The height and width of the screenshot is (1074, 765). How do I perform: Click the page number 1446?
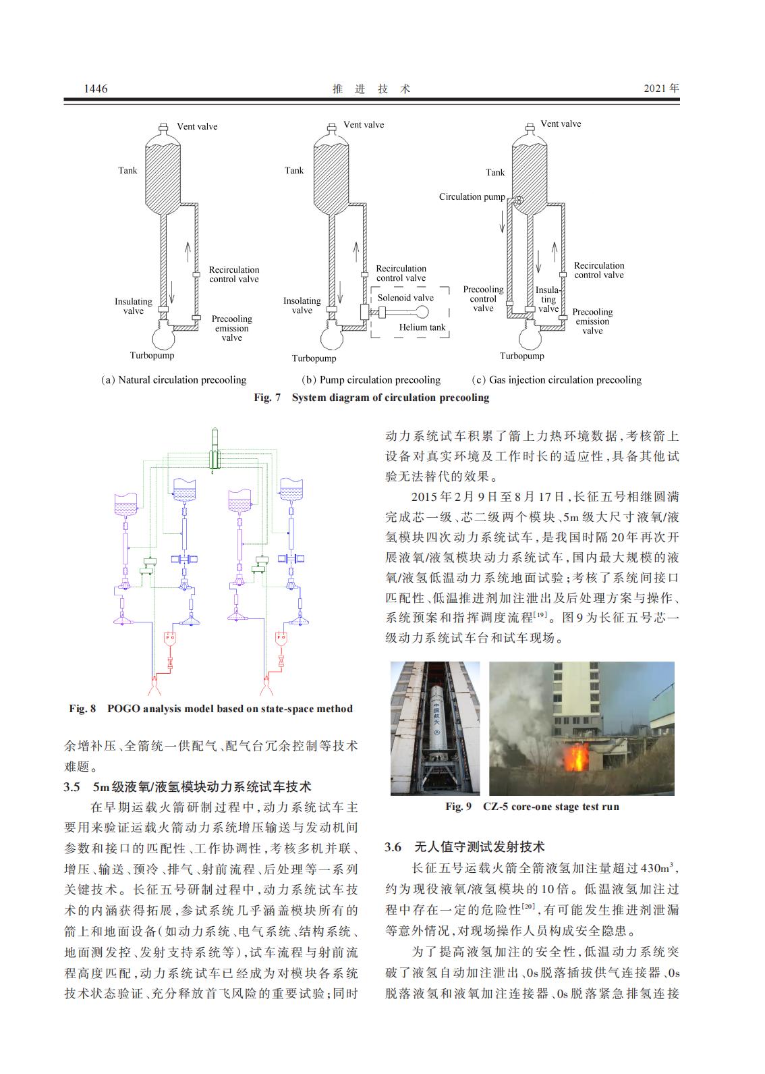point(95,89)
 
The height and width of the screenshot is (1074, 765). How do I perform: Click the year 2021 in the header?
point(660,88)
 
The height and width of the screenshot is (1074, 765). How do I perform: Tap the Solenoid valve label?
point(405,298)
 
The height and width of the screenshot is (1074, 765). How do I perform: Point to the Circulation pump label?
point(472,197)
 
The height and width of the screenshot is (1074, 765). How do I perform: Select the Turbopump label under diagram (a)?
point(152,355)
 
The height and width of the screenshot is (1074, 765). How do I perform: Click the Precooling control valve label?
point(483,298)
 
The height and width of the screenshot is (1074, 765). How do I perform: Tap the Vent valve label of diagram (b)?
point(364,125)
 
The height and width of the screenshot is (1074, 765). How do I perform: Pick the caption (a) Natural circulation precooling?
point(173,380)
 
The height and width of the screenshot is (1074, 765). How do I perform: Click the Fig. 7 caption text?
point(371,398)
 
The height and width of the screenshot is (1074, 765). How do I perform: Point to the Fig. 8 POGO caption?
point(210,709)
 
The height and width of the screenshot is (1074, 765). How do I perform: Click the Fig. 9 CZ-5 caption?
point(532,807)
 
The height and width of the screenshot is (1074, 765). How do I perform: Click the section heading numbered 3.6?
point(465,847)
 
